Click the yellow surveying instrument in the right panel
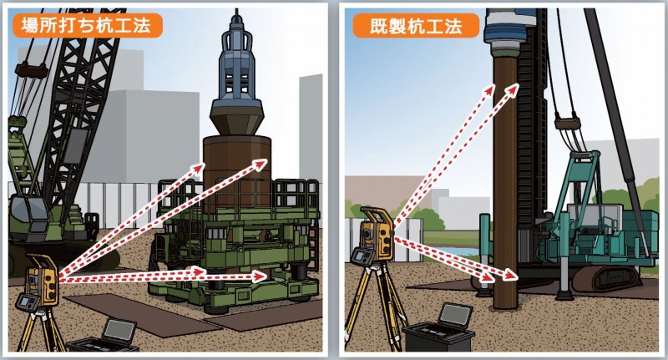377,234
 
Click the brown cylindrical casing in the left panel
237,170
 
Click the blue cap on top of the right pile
509,31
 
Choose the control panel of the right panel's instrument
362,256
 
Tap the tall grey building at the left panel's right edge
310,128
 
